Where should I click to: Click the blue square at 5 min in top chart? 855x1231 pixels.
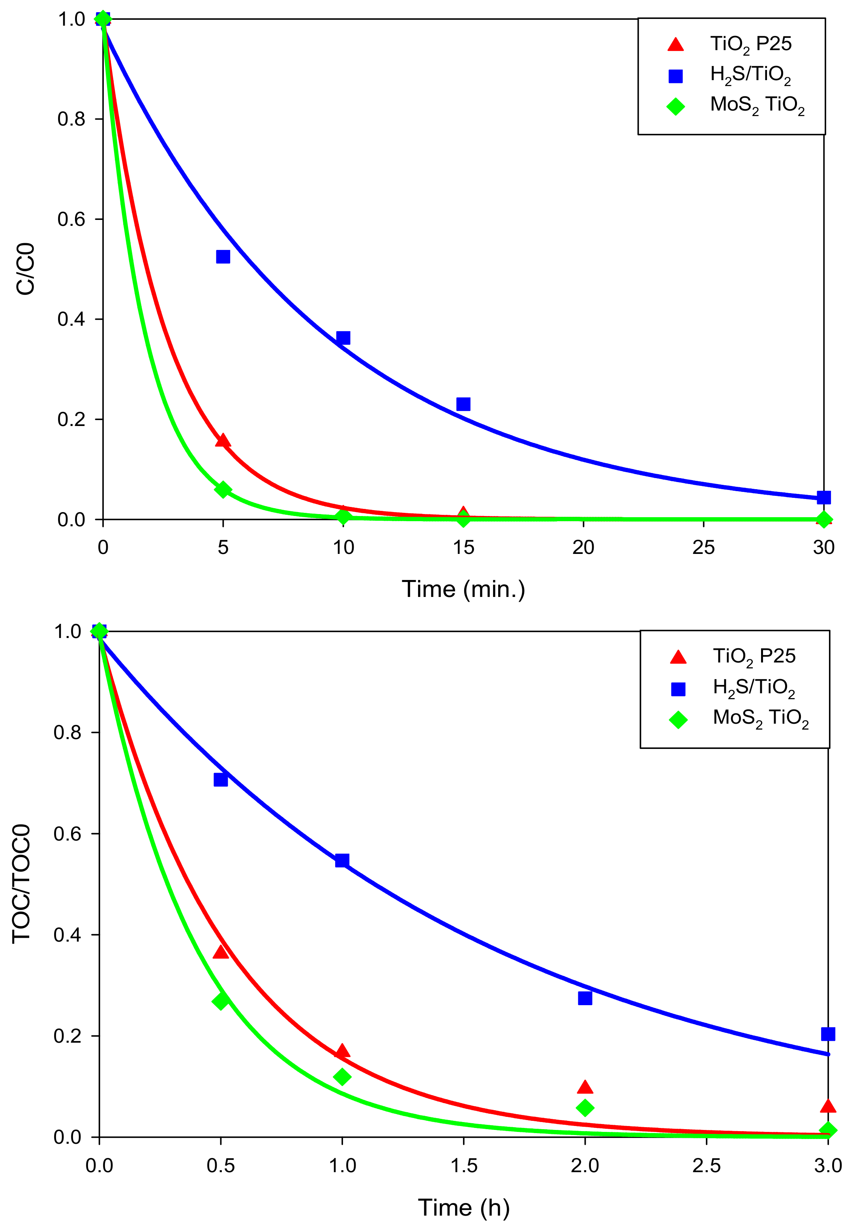click(x=223, y=257)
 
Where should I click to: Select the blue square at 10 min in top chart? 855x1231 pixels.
click(x=343, y=338)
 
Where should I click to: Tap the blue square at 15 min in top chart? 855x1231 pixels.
click(x=463, y=404)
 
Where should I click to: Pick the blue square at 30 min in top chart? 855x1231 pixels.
click(x=824, y=497)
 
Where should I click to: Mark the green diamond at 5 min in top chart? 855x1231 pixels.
click(x=223, y=490)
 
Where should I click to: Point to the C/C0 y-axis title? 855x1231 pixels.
click(x=25, y=269)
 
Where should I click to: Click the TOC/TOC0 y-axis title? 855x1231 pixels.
click(x=21, y=884)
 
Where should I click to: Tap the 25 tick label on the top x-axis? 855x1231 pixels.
click(x=703, y=548)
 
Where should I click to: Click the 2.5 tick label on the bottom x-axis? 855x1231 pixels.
click(x=706, y=1165)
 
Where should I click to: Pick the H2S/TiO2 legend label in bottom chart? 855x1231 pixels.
click(x=753, y=687)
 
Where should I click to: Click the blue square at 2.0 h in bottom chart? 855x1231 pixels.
click(x=585, y=998)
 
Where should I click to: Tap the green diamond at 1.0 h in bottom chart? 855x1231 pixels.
click(x=342, y=1077)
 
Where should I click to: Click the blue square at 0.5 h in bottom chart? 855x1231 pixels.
click(x=221, y=779)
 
